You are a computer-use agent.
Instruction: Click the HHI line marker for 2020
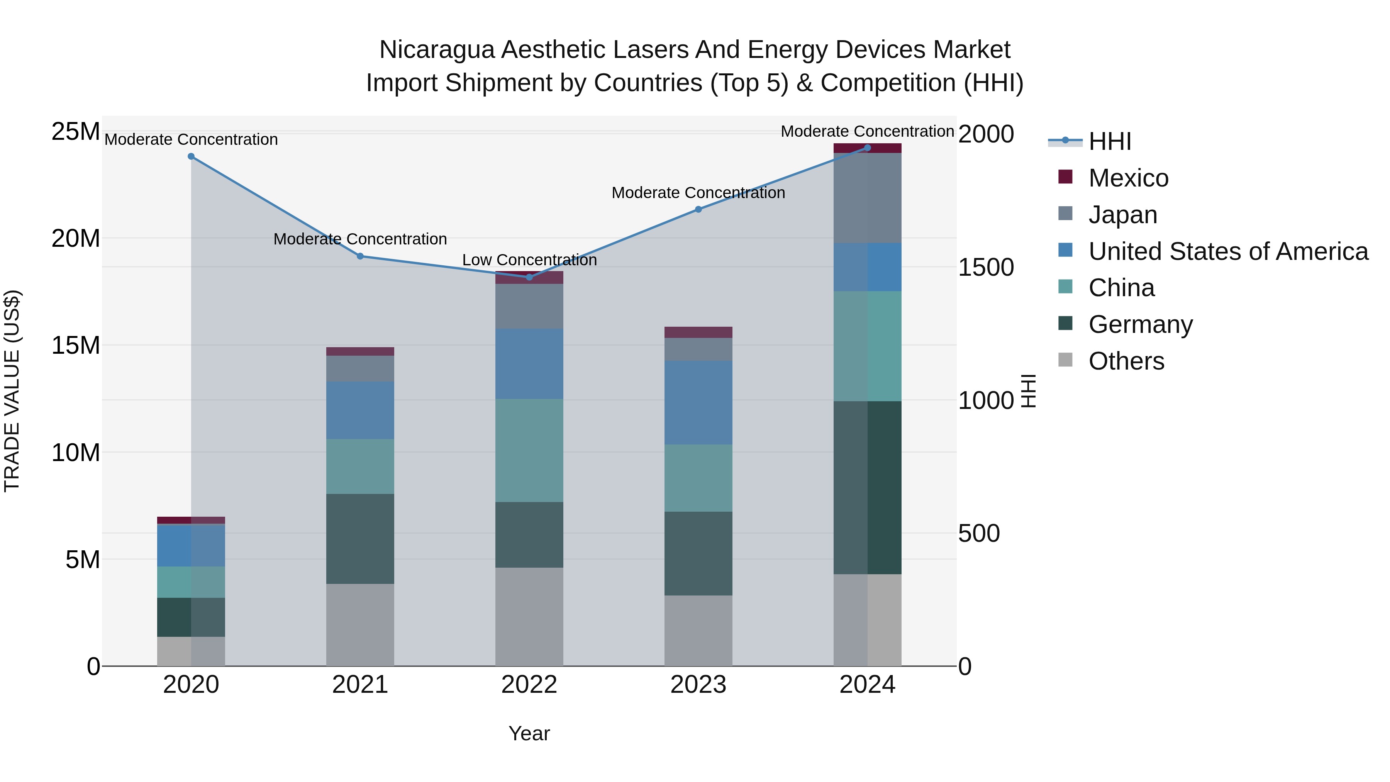191,156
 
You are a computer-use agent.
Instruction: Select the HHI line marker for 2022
529,277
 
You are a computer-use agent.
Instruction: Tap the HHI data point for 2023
698,209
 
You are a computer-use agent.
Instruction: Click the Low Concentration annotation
529,260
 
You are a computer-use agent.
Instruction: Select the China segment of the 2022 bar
529,450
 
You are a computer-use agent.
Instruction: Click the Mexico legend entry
1128,178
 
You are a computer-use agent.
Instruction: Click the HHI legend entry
1109,141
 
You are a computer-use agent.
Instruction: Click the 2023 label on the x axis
698,685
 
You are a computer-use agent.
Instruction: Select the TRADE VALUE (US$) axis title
12,391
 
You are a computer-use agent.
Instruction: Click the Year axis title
529,733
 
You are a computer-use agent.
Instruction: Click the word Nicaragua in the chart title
437,50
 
